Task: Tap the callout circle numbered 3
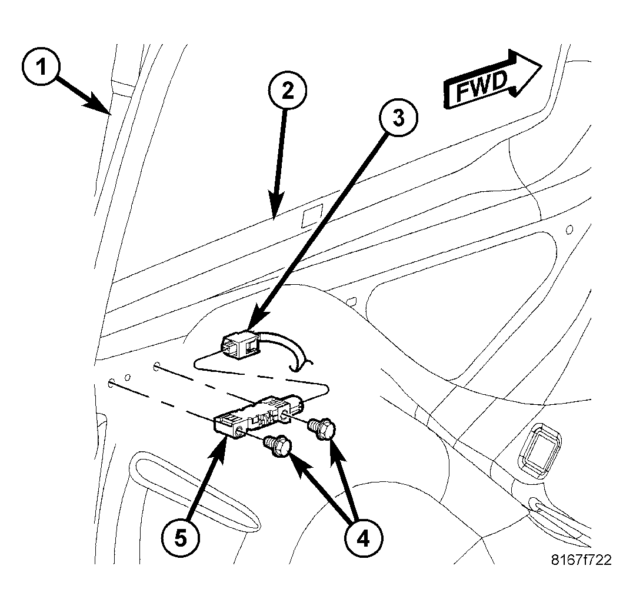pyautogui.click(x=398, y=118)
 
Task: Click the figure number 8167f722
pyautogui.click(x=581, y=560)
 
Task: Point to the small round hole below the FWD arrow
pyautogui.click(x=568, y=229)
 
